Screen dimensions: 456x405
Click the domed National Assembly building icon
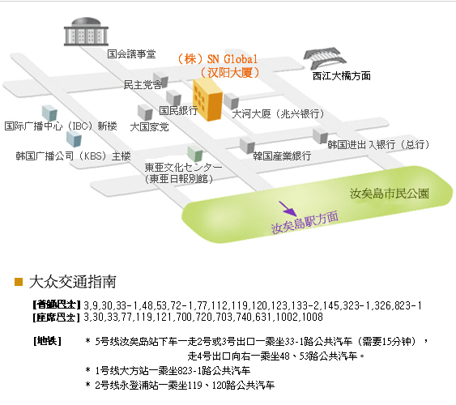pyautogui.click(x=86, y=32)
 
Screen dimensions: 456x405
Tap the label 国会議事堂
pyautogui.click(x=131, y=54)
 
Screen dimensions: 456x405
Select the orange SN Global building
pyautogui.click(x=207, y=100)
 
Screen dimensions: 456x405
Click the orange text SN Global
pyautogui.click(x=232, y=59)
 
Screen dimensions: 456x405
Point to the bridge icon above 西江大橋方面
pyautogui.click(x=325, y=58)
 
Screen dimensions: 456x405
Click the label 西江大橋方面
pyautogui.click(x=342, y=76)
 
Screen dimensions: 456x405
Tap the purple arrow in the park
pyautogui.click(x=288, y=208)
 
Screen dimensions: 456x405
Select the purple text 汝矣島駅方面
pyautogui.click(x=305, y=223)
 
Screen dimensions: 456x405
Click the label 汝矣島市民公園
pyautogui.click(x=389, y=194)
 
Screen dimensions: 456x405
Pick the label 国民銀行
pyautogui.click(x=178, y=110)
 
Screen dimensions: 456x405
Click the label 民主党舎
pyautogui.click(x=143, y=85)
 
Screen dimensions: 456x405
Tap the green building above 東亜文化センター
pyautogui.click(x=195, y=154)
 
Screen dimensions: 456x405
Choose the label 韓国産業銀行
pyautogui.click(x=282, y=156)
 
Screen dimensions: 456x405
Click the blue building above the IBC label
pyautogui.click(x=49, y=113)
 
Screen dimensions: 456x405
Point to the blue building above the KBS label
pyautogui.click(x=74, y=139)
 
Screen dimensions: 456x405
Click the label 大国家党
pyautogui.click(x=149, y=127)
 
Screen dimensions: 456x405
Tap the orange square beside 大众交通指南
pyautogui.click(x=19, y=282)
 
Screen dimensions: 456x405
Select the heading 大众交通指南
pyautogui.click(x=73, y=282)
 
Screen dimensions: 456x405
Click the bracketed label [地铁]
pyautogui.click(x=47, y=341)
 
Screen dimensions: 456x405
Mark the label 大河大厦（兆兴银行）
pyautogui.click(x=278, y=113)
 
